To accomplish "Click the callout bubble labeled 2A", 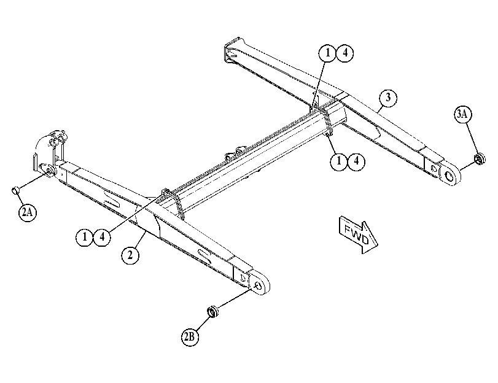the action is coord(27,212).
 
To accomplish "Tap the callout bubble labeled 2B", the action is coord(190,336).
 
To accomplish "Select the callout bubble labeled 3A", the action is coord(462,114).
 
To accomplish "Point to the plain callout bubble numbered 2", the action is coord(130,254).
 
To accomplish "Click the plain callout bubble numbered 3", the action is coord(388,98).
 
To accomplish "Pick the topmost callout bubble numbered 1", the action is coord(327,53).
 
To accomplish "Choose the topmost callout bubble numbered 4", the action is coord(345,53).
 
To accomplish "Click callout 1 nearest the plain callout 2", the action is coord(85,237).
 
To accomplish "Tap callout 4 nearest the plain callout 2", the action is coord(102,237).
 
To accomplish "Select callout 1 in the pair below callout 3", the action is coord(339,161).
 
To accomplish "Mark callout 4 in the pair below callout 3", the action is coord(356,161).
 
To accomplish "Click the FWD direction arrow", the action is coord(359,235).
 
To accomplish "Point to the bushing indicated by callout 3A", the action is coord(479,159).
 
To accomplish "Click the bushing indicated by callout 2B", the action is coord(212,311).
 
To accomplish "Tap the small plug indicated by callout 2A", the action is coord(15,190).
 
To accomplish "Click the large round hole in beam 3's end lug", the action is coord(449,176).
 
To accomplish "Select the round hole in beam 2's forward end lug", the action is coord(259,286).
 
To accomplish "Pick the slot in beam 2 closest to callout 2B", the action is coord(204,256).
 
